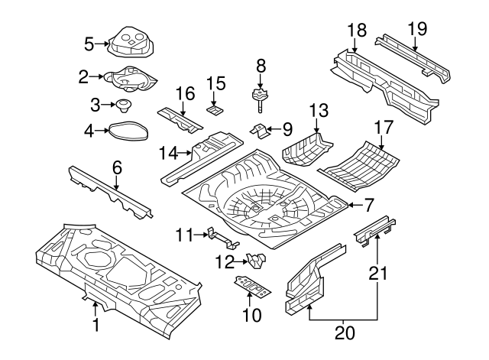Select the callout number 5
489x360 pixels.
point(89,43)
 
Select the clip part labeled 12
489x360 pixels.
point(256,260)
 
